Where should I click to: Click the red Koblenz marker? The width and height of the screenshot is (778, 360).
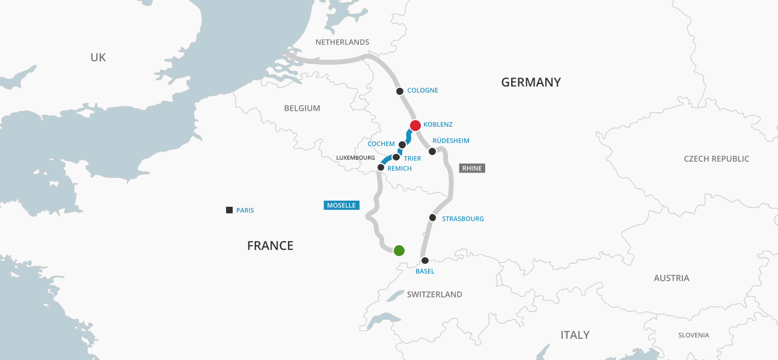(x=415, y=126)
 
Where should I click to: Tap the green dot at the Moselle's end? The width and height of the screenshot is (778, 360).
(x=399, y=251)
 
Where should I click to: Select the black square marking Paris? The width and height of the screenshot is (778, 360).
(x=229, y=210)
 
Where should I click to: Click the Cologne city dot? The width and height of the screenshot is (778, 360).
(x=400, y=91)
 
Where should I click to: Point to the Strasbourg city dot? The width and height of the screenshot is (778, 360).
(x=432, y=218)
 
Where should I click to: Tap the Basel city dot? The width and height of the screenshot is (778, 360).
(x=425, y=261)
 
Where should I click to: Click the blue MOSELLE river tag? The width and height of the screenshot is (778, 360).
(x=342, y=205)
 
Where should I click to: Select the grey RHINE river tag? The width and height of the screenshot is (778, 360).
(x=472, y=168)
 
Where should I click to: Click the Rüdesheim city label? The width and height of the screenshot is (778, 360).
(x=451, y=141)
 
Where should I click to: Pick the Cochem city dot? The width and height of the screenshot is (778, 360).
(x=402, y=145)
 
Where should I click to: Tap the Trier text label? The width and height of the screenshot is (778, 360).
(x=412, y=159)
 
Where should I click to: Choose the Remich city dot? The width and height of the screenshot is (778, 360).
(x=381, y=168)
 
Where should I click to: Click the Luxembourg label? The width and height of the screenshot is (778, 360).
(x=356, y=157)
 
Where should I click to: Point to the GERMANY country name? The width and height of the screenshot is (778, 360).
(x=531, y=82)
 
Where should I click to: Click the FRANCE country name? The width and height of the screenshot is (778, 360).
(x=270, y=245)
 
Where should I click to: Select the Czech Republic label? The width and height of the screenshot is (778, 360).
(x=717, y=159)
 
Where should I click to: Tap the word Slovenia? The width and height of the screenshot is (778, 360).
(x=693, y=335)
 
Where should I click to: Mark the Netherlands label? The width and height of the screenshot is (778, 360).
(x=342, y=42)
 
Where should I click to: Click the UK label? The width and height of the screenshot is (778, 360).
(x=98, y=57)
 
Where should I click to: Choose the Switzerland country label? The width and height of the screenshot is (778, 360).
(x=435, y=294)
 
